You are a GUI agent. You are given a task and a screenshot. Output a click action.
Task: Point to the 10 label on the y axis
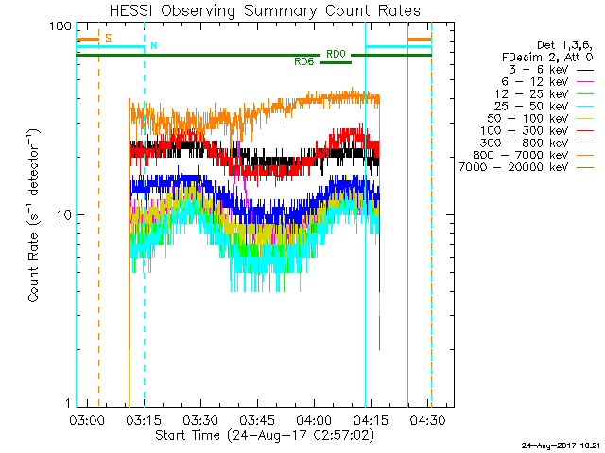tap(63, 215)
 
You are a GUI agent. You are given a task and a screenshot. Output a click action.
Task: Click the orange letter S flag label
tap(108, 38)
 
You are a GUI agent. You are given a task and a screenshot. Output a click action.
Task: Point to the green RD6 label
tap(304, 61)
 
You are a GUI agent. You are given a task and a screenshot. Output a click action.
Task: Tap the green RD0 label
tap(336, 54)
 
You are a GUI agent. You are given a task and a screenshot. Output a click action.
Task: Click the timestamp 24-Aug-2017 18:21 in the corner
tap(556, 445)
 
